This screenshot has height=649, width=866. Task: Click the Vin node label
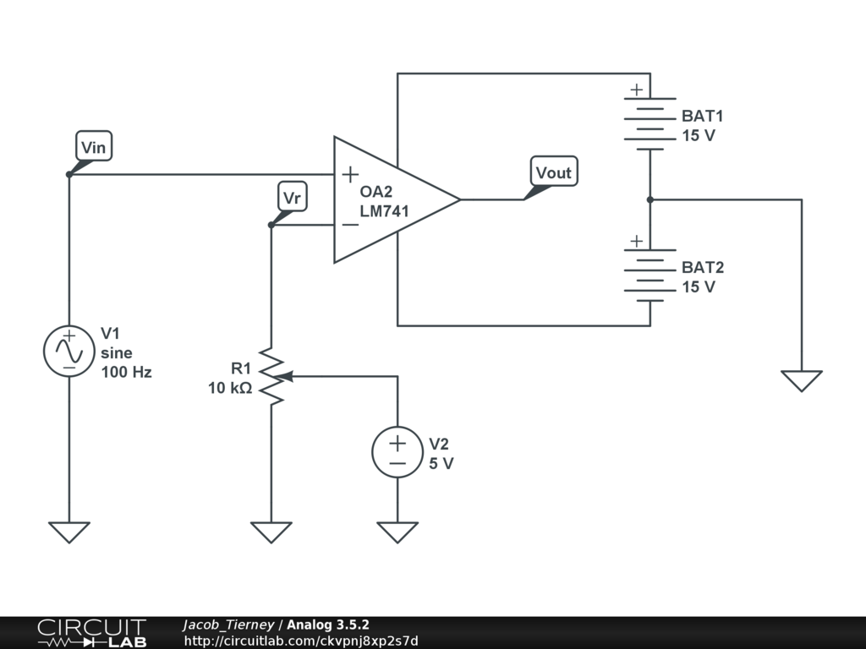click(x=93, y=147)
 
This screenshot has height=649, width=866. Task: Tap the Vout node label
click(x=554, y=172)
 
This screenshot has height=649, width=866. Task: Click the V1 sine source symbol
click(x=69, y=351)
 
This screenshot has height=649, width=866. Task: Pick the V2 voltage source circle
click(x=397, y=452)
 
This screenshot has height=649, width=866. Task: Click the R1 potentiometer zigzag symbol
click(x=271, y=375)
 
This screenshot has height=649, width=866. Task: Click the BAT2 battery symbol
click(x=649, y=275)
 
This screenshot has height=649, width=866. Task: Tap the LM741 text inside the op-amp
click(x=384, y=211)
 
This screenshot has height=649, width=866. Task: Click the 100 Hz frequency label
click(x=126, y=372)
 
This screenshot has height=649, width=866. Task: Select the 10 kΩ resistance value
click(x=230, y=389)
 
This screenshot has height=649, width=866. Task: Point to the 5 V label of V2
click(x=441, y=463)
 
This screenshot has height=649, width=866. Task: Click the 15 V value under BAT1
click(x=699, y=135)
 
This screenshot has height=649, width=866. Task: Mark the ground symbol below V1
click(x=69, y=532)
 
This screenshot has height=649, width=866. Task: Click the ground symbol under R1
click(x=271, y=532)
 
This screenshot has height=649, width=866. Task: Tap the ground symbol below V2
click(x=397, y=532)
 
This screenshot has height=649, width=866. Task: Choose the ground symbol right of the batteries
click(x=801, y=380)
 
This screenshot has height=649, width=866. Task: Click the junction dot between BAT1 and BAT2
click(x=649, y=199)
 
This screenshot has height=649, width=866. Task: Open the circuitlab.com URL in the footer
click(x=301, y=641)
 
